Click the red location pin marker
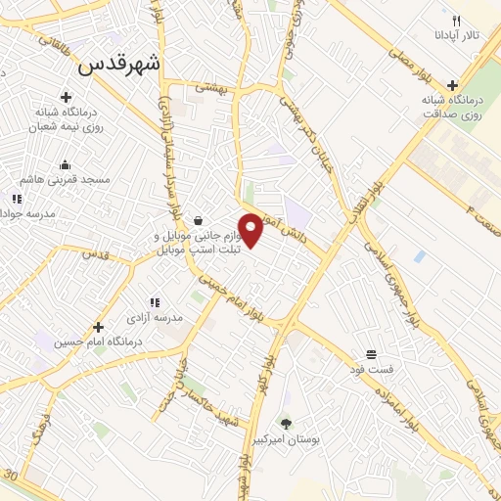click(x=251, y=230)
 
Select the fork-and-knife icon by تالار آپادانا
click(x=456, y=20)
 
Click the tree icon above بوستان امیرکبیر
click(x=286, y=424)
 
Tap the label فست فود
click(x=371, y=369)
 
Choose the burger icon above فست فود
click(x=371, y=353)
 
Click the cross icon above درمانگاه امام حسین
click(x=97, y=326)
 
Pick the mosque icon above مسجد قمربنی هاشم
click(x=65, y=164)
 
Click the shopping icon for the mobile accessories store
click(x=199, y=221)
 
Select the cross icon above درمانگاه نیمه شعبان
click(x=66, y=96)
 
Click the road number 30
click(x=11, y=475)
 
